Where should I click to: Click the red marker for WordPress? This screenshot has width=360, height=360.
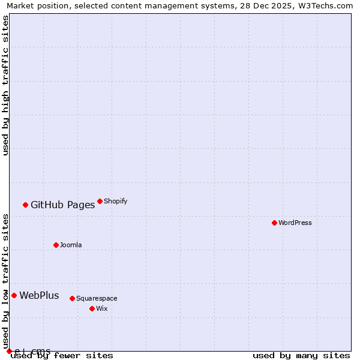(274, 223)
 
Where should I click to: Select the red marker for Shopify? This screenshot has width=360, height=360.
(100, 201)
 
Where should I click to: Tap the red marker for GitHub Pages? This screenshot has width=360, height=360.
(25, 205)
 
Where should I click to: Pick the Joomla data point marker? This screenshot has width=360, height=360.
(56, 245)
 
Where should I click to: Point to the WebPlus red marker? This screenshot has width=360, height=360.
(14, 295)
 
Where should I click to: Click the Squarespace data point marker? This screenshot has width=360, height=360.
(72, 298)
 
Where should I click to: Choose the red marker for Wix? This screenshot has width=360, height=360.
(92, 308)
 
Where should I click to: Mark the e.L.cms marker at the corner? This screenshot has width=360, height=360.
(9, 351)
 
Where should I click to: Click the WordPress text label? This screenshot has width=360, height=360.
(295, 223)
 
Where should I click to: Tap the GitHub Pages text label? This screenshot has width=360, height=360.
(62, 205)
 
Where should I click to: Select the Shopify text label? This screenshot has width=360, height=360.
(115, 201)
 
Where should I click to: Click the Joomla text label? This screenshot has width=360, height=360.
(71, 245)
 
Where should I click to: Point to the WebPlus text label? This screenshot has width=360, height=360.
(39, 295)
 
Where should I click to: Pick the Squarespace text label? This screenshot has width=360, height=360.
(97, 298)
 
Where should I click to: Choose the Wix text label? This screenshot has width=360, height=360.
(101, 308)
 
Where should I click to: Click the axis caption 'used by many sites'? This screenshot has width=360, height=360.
(301, 356)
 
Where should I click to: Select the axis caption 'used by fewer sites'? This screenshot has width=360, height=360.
(62, 356)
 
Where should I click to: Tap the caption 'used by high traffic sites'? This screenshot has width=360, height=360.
(5, 85)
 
